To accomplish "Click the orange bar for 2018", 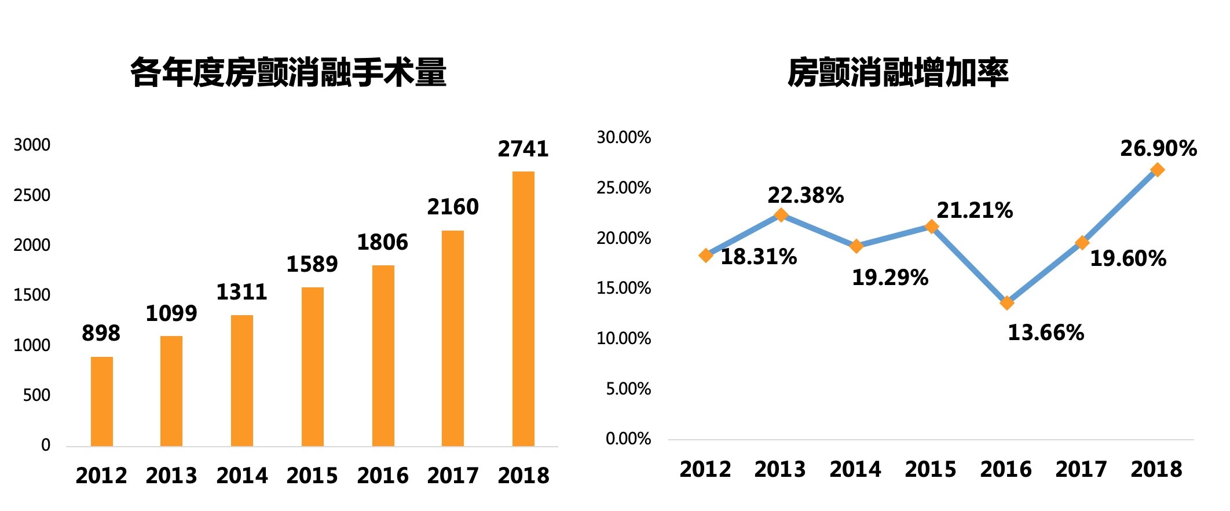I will click(x=523, y=308).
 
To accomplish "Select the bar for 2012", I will click(x=102, y=401).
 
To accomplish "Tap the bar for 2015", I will click(x=312, y=366).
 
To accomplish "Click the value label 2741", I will click(x=523, y=149).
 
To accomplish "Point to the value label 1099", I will click(x=171, y=314).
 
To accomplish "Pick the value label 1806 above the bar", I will click(x=382, y=243).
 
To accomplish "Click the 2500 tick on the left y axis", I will click(x=32, y=195).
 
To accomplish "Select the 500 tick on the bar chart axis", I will click(x=36, y=396).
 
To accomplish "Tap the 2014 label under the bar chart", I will click(x=242, y=476).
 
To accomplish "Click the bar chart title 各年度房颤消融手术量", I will click(x=288, y=73).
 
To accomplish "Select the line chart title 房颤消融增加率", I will click(x=898, y=73).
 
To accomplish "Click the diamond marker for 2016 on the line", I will click(x=1007, y=303).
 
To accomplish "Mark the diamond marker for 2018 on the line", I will click(x=1157, y=170).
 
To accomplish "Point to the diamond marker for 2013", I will click(x=781, y=215).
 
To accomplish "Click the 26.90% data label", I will click(x=1158, y=149).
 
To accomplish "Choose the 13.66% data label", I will click(x=1046, y=333).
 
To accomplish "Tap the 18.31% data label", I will click(x=759, y=257).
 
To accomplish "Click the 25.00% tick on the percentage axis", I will click(x=624, y=188).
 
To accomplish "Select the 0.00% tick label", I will click(x=628, y=439).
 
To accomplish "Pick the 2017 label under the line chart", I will click(x=1081, y=469).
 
